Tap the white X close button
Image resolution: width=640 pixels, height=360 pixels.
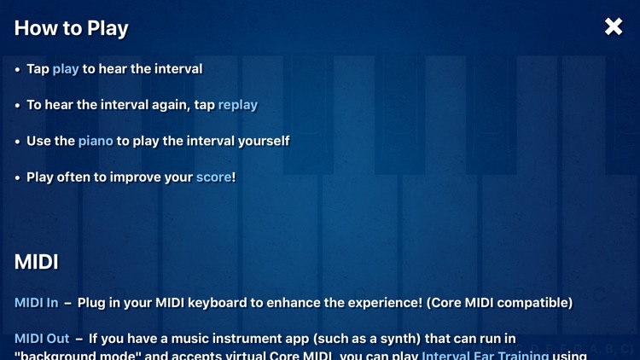[x=614, y=27]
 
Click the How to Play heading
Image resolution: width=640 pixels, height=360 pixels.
[x=71, y=28]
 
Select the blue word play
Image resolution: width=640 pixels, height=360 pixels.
[x=66, y=68]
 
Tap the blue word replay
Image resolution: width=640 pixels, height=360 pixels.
[x=237, y=105]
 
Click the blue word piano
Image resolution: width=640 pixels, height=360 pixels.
[x=96, y=141]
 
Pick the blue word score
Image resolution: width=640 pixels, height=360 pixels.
[x=213, y=177]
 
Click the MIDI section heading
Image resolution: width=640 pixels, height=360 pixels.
[x=37, y=262]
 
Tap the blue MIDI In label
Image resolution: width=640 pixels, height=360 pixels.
[x=36, y=303]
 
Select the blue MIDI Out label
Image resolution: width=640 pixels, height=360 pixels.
[x=42, y=339]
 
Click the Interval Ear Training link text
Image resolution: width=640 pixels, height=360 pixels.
[x=485, y=355]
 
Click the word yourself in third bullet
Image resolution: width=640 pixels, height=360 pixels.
[x=261, y=141]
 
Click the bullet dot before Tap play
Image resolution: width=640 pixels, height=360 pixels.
[x=18, y=69]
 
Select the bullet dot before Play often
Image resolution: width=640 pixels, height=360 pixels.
[x=18, y=178]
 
